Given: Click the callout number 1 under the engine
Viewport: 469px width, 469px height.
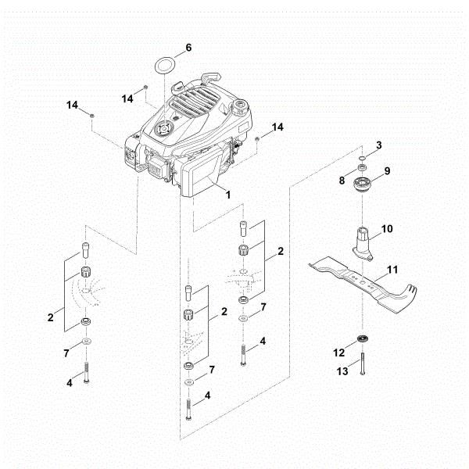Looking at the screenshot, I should click(x=228, y=192).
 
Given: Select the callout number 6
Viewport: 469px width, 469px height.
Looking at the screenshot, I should click(x=188, y=48).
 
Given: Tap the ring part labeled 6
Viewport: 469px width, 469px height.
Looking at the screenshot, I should click(x=163, y=63).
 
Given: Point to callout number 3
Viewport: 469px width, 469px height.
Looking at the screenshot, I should click(x=379, y=145).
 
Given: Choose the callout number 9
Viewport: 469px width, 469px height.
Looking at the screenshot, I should click(x=387, y=170).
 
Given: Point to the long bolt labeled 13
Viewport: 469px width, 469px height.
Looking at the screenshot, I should click(x=363, y=366).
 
